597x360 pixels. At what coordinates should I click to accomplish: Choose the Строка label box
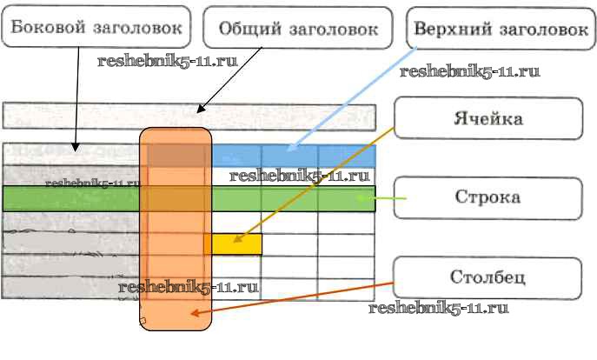(x=488, y=197)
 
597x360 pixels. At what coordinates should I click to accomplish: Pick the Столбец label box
(x=488, y=279)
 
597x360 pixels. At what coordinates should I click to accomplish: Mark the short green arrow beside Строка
(x=387, y=200)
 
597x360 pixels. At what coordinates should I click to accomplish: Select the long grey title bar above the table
(x=189, y=117)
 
